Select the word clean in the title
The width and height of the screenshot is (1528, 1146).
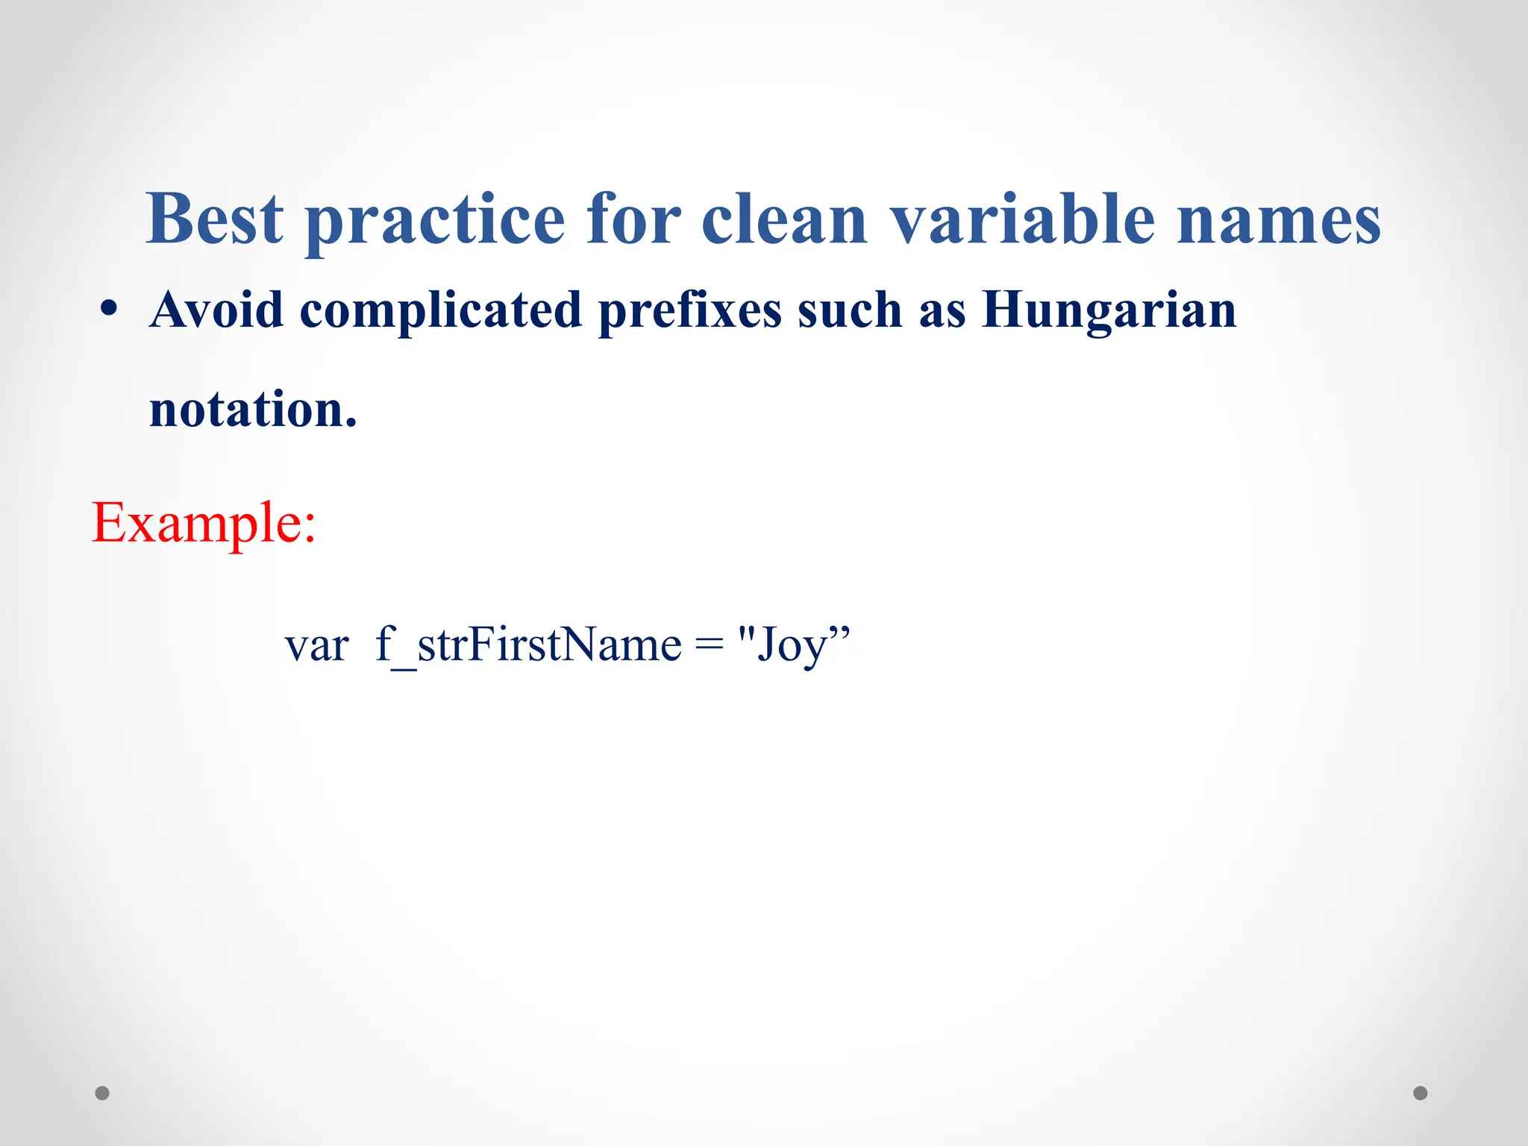pyautogui.click(x=784, y=220)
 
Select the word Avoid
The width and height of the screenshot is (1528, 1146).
pyautogui.click(x=216, y=310)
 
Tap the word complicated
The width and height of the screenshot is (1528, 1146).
pyautogui.click(x=440, y=311)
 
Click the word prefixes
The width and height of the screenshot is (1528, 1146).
pyautogui.click(x=689, y=311)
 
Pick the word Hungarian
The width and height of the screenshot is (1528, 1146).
pyautogui.click(x=1109, y=311)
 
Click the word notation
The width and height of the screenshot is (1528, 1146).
pyautogui.click(x=252, y=410)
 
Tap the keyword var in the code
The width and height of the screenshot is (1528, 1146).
pyautogui.click(x=316, y=645)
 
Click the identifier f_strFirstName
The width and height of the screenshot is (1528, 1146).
pyautogui.click(x=528, y=645)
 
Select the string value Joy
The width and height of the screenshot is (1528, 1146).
pyautogui.click(x=792, y=645)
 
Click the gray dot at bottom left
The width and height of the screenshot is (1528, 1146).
pyautogui.click(x=103, y=1093)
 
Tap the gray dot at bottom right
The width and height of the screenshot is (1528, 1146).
pyautogui.click(x=1421, y=1093)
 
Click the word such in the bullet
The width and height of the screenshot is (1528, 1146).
pyautogui.click(x=850, y=310)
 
